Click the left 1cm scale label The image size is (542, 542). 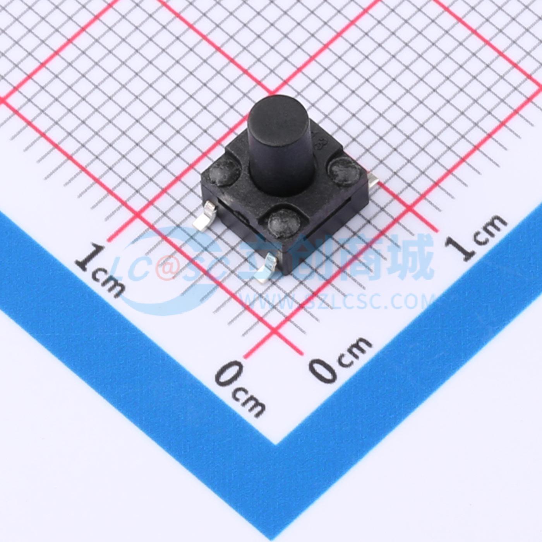coord(100,271)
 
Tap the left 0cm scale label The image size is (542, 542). coord(240,387)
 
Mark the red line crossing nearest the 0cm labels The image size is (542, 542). coord(274,331)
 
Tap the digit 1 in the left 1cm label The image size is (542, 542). coord(84,259)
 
